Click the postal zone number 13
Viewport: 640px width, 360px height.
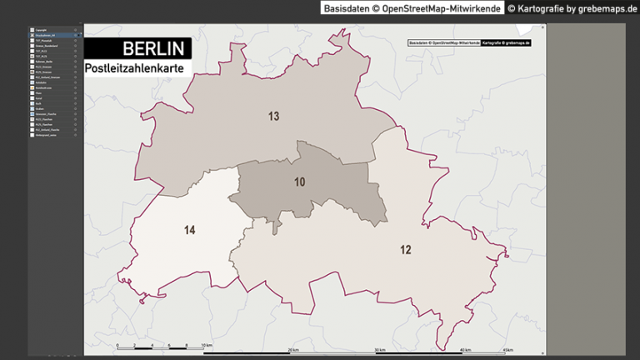click(273, 116)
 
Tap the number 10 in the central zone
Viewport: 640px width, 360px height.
click(300, 182)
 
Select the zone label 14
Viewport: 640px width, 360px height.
click(190, 230)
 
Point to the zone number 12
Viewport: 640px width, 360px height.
click(405, 249)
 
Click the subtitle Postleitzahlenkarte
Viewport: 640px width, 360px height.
click(137, 67)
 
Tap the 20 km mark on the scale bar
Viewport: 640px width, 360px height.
click(293, 349)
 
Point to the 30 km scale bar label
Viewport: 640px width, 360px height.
click(380, 349)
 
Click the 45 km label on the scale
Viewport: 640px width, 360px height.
click(507, 349)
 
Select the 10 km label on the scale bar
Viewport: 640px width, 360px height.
click(207, 344)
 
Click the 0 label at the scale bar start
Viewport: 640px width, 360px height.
click(117, 344)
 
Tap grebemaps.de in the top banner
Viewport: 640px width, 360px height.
click(606, 8)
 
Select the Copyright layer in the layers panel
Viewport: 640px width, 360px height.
click(42, 29)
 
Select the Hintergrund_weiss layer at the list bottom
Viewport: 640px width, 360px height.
click(47, 134)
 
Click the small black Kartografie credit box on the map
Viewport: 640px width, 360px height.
click(506, 42)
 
